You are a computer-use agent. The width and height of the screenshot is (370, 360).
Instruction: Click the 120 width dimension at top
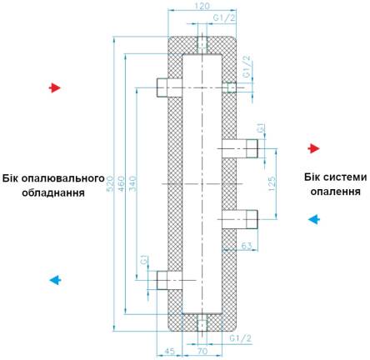(202, 6)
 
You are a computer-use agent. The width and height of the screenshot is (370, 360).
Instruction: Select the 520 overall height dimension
(111, 183)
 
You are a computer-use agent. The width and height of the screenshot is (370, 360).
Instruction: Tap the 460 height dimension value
(122, 183)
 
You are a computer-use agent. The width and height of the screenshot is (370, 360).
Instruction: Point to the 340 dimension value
(133, 183)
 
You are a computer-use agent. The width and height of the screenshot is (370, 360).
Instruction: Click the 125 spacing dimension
(272, 183)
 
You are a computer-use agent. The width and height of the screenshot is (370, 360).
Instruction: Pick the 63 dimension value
(247, 246)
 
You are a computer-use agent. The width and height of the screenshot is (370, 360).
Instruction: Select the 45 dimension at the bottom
(169, 351)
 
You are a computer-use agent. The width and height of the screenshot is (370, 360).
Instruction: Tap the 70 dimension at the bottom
(202, 351)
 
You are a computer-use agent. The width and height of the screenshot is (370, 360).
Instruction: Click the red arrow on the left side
(55, 87)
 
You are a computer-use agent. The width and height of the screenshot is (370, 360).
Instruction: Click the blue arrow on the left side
(55, 280)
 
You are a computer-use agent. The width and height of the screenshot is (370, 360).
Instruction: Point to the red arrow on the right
(314, 148)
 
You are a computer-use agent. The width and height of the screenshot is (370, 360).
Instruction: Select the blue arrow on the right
(314, 220)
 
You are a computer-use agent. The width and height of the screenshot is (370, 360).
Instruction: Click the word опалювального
(53, 178)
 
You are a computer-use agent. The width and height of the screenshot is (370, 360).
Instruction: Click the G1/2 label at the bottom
(241, 338)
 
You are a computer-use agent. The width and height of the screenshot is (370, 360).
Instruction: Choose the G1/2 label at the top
(224, 17)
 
